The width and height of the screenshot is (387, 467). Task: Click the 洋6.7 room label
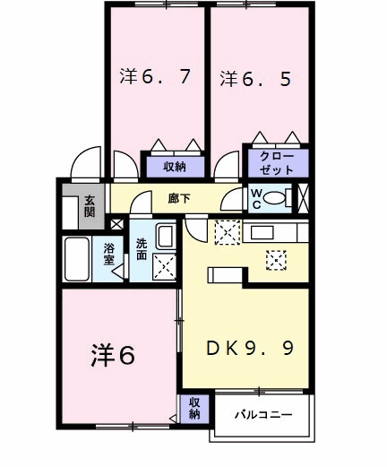155,77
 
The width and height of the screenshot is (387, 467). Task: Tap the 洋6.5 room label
255,78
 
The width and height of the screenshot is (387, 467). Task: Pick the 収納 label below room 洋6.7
174,166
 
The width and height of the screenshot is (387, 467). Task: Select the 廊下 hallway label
179,198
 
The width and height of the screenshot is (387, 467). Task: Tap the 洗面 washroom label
142,249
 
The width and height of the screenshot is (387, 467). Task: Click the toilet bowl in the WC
277,198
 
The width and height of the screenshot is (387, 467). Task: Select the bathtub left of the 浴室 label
77,258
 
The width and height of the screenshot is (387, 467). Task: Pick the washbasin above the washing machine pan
166,238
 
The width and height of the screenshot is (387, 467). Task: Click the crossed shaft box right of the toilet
304,197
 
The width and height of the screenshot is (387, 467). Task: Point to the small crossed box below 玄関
116,223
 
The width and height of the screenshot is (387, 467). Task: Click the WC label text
254,197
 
